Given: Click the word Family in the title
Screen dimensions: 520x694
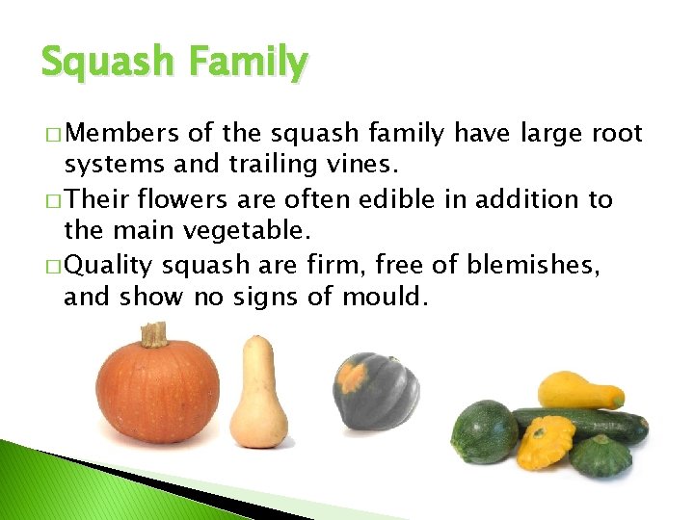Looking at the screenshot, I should pyautogui.click(x=249, y=63).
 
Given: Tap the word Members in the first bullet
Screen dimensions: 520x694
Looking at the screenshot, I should pyautogui.click(x=123, y=133).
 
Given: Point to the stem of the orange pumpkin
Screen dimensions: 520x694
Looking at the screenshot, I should pyautogui.click(x=154, y=334).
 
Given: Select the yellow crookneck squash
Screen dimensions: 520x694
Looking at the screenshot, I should pyautogui.click(x=577, y=390).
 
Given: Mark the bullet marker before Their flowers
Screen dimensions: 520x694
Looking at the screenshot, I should pyautogui.click(x=49, y=200).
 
